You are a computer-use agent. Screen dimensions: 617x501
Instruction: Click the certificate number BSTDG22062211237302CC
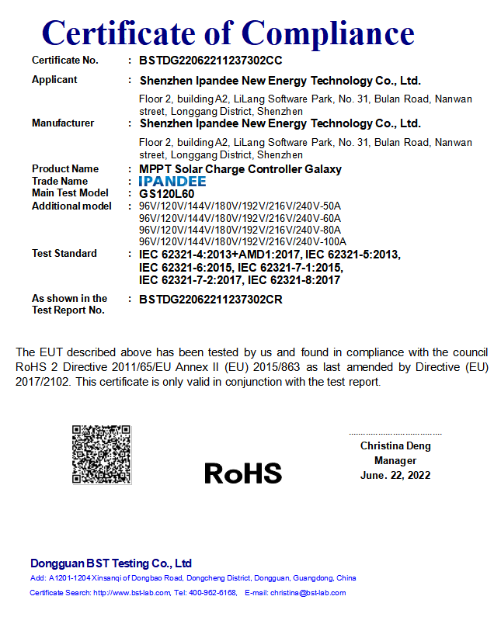pos(210,60)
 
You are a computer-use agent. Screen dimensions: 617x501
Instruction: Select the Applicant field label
pos(54,79)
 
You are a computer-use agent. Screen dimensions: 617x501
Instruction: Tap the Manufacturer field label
pos(63,123)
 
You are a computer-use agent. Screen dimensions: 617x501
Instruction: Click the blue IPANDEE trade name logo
pos(172,181)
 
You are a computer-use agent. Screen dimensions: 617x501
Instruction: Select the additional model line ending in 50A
pos(239,206)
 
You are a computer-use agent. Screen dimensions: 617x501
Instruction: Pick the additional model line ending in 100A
pos(242,241)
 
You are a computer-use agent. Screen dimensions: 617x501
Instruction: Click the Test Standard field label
pos(64,253)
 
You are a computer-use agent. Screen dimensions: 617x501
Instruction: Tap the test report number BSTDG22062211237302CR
pos(210,299)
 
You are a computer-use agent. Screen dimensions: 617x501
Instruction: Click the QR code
pos(101,454)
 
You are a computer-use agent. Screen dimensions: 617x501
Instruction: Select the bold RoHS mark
pos(243,472)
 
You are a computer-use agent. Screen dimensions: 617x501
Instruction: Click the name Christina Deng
pos(395,446)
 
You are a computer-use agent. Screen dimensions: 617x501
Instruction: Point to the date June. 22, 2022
pos(395,475)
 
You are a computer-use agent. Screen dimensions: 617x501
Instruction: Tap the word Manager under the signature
pos(395,461)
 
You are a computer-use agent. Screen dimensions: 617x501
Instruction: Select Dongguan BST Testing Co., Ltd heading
pos(111,563)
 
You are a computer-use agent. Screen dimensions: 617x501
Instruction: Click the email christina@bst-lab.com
pos(308,593)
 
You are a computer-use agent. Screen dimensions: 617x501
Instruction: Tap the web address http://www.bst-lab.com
pos(131,593)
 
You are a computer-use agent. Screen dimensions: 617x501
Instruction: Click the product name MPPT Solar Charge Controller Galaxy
pos(240,168)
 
